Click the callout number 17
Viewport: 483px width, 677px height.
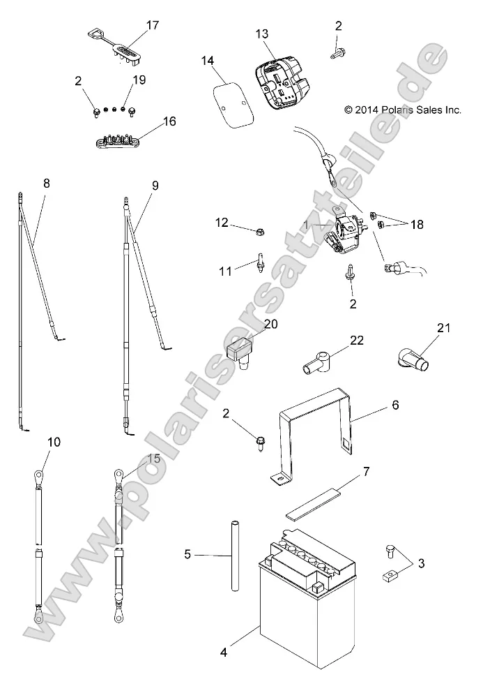coord(153,26)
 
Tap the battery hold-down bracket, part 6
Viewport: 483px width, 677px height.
coord(314,433)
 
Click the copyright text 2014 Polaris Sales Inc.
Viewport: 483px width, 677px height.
coord(402,110)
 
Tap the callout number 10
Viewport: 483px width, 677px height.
coord(54,441)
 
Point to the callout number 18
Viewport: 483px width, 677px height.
coord(417,225)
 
